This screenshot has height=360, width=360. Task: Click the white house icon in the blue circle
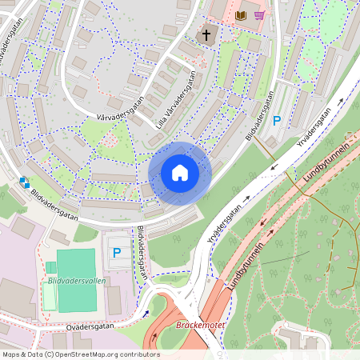click(180, 172)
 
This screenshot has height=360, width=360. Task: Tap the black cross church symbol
click(206, 35)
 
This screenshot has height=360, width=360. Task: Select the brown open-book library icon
click(242, 15)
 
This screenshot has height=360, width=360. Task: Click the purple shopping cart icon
click(259, 15)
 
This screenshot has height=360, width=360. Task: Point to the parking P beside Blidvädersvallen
click(117, 253)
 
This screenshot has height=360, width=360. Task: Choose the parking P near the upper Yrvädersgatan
click(278, 121)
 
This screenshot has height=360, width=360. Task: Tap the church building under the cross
click(206, 37)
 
